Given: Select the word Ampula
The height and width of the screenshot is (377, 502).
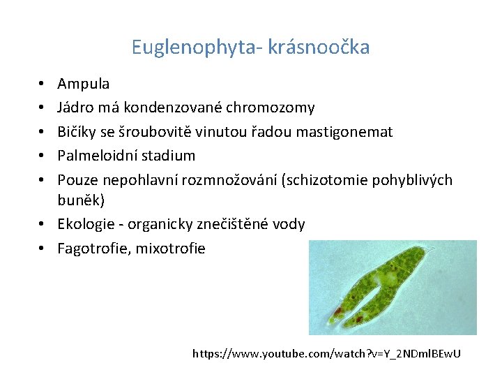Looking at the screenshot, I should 83,84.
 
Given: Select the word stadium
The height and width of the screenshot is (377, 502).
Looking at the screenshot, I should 172,155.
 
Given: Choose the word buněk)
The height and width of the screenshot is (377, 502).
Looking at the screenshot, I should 81,201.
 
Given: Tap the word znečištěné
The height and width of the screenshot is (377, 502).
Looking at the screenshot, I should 216,225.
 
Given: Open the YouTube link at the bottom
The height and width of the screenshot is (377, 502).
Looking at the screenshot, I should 326,355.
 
